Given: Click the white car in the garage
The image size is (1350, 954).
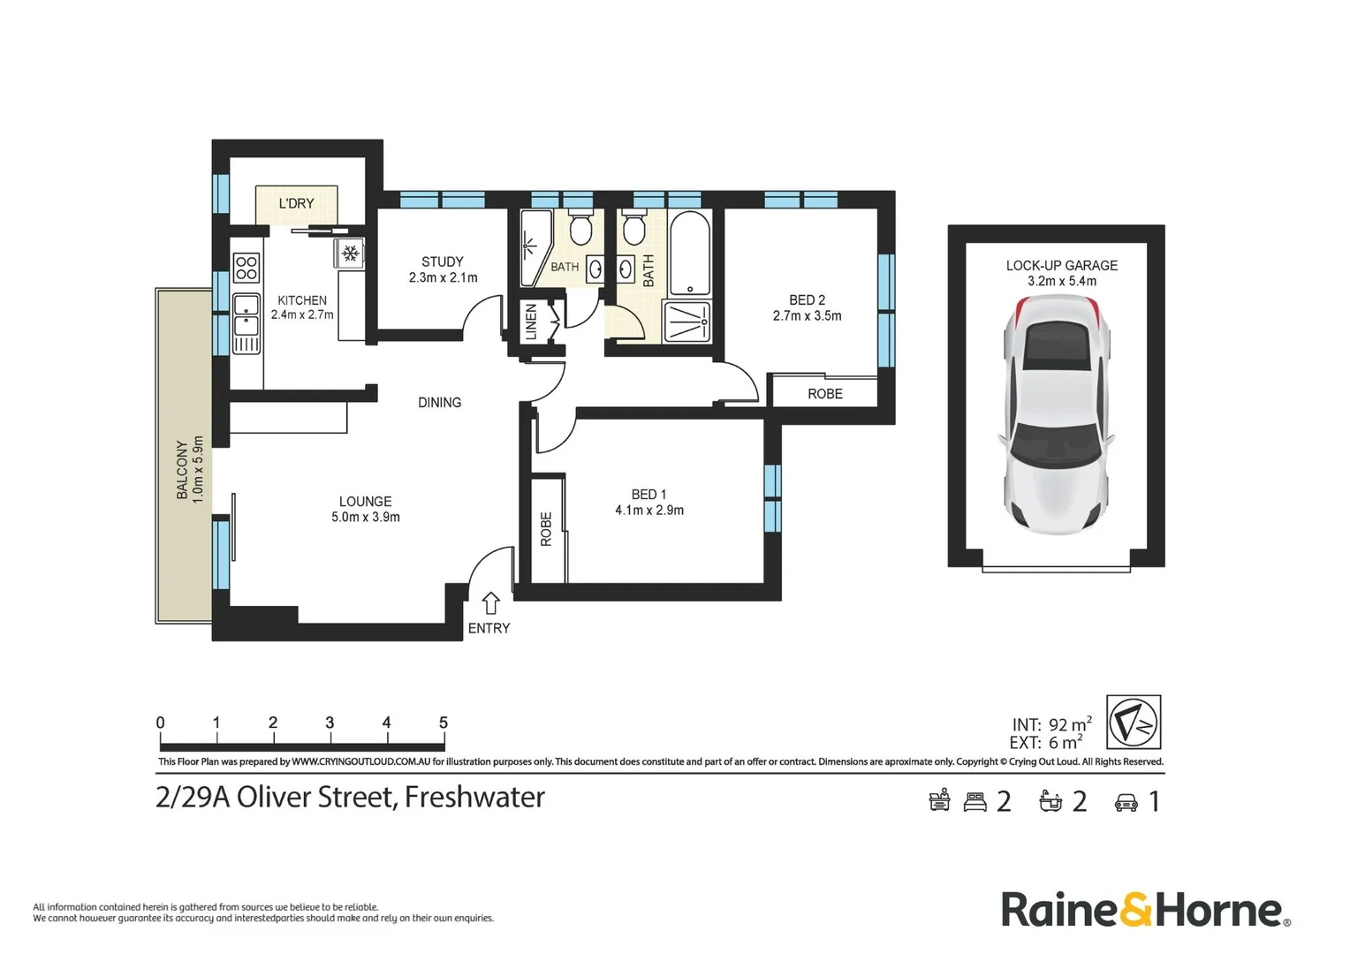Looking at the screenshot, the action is point(1057,414).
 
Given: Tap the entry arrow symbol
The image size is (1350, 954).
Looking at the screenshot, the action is point(490,602).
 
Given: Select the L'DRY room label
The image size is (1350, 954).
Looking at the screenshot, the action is point(296,204).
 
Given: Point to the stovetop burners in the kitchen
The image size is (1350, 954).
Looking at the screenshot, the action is point(246,268).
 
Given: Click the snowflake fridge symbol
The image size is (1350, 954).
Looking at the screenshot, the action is point(350,253).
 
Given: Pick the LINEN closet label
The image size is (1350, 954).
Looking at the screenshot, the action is point(531,322).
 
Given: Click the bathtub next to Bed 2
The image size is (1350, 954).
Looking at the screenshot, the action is point(689,254).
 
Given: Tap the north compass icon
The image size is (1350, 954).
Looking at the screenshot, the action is point(1133,722).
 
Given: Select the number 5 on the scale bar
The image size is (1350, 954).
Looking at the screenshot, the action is point(444,723).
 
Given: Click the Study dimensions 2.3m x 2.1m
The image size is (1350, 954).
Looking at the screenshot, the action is point(443,278).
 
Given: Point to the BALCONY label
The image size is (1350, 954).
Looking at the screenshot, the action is point(181,469).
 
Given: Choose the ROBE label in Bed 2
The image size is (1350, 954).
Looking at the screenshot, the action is point(825,394).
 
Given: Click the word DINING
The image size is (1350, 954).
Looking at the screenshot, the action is point(439,403).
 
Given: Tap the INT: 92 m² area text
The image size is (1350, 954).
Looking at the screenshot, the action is point(1051,723).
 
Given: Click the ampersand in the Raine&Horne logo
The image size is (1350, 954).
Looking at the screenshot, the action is point(1135,910).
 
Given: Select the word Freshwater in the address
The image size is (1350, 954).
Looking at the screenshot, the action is point(475,798).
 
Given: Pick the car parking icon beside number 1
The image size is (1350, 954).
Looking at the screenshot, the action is point(1126,803).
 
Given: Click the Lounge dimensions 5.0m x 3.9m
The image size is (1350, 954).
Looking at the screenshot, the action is point(365,517).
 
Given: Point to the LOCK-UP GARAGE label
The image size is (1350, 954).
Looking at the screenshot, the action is point(1061,265).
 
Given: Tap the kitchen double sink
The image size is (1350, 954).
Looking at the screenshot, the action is point(246,314).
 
